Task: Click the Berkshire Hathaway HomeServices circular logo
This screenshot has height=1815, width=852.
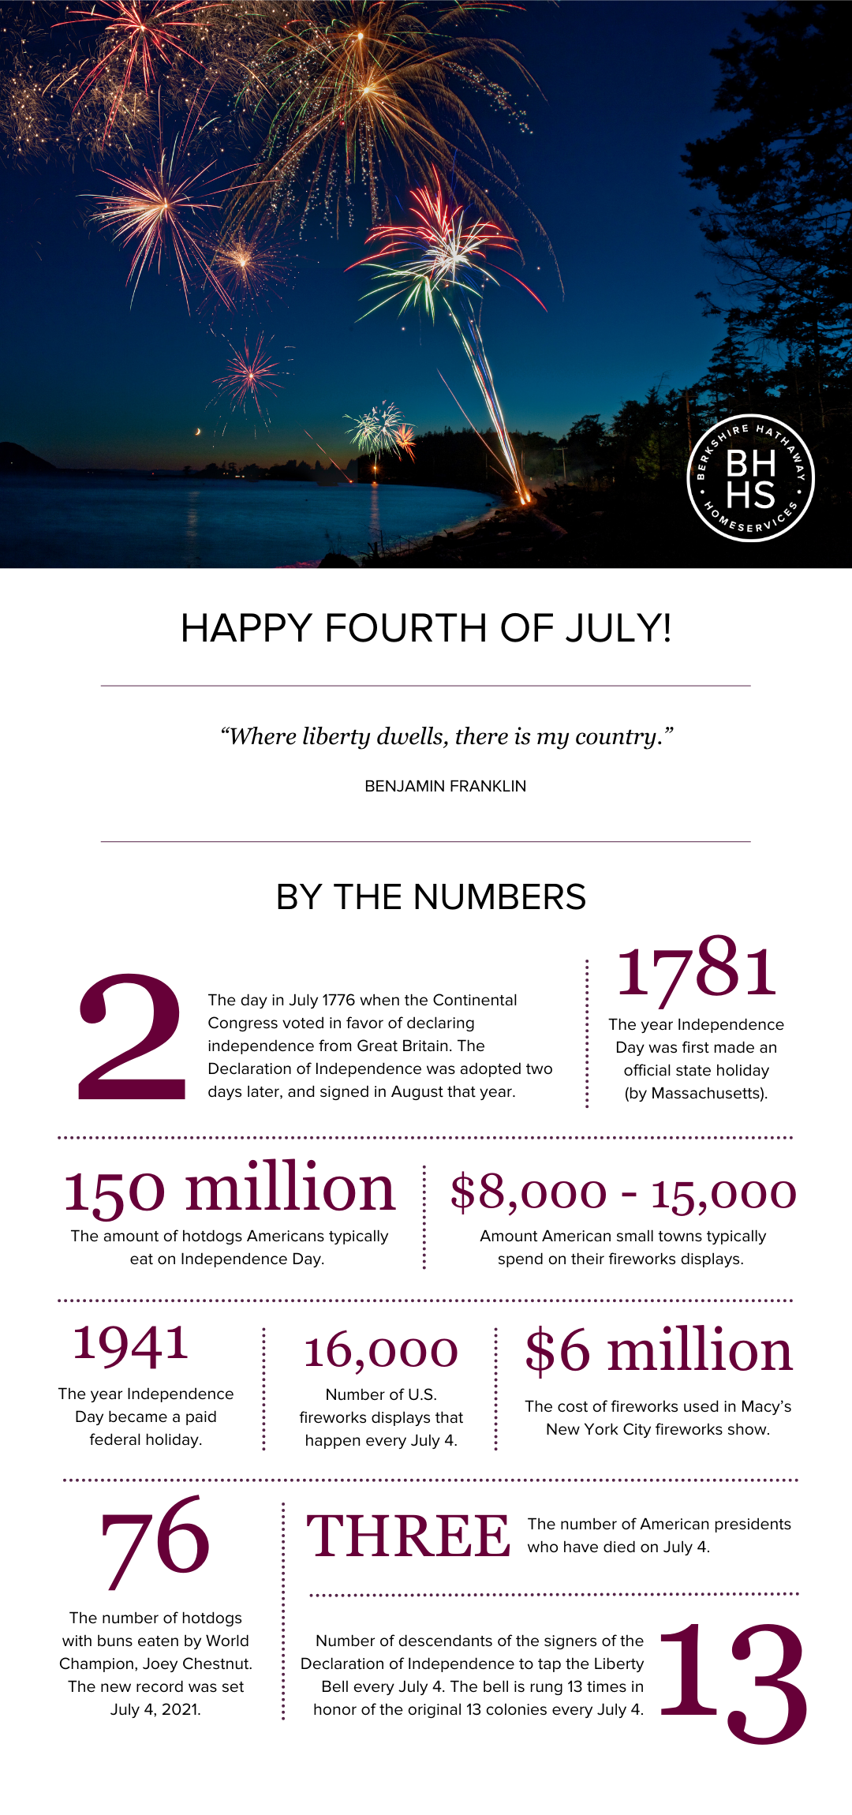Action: pos(750,478)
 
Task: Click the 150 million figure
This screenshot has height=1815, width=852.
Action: pos(229,1189)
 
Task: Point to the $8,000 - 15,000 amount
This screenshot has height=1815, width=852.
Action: pos(623,1192)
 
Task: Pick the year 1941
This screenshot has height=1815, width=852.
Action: pos(131,1344)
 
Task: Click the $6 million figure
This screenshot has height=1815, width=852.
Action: pos(659,1351)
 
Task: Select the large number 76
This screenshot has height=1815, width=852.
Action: pos(155,1539)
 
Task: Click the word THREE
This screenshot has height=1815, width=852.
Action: pos(408,1536)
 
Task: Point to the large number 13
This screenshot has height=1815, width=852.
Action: pos(733,1682)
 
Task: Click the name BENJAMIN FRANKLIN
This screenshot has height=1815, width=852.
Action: pos(445,786)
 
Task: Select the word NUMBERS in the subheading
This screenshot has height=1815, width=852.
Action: pos(499,897)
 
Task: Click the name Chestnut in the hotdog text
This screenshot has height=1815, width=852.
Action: pos(217,1663)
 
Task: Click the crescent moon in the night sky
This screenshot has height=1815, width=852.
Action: pos(198,431)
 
